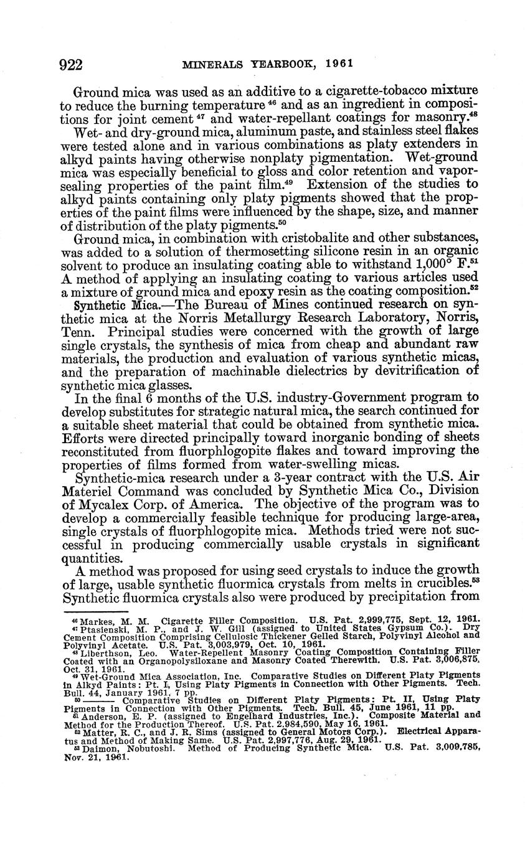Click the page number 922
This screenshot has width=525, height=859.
(x=72, y=64)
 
